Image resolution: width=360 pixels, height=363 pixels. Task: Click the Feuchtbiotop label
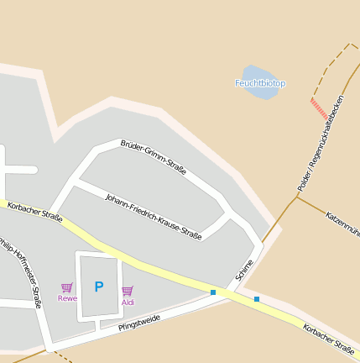click(x=260, y=83)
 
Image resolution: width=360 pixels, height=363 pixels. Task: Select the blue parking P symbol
click(x=99, y=287)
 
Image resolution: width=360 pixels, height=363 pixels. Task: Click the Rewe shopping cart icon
click(x=67, y=287)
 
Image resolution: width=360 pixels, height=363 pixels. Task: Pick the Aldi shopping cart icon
click(x=128, y=291)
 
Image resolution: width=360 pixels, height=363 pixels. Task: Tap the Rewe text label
click(x=67, y=298)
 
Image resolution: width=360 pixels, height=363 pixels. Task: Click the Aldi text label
click(x=128, y=302)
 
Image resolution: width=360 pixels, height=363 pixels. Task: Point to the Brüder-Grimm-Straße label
click(x=154, y=157)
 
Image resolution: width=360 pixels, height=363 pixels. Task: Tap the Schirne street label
click(x=244, y=270)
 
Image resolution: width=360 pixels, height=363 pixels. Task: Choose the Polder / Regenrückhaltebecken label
click(x=321, y=142)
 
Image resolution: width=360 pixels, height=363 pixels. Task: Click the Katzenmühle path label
click(x=342, y=223)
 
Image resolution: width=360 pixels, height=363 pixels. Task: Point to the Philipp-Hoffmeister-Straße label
click(x=21, y=271)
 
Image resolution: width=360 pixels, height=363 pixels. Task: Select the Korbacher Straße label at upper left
click(x=34, y=212)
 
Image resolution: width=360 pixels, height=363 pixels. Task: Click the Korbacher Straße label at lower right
click(x=328, y=338)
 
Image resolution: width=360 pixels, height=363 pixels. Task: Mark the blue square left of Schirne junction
click(x=213, y=292)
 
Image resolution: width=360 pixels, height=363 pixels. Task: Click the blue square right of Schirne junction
click(x=256, y=299)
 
